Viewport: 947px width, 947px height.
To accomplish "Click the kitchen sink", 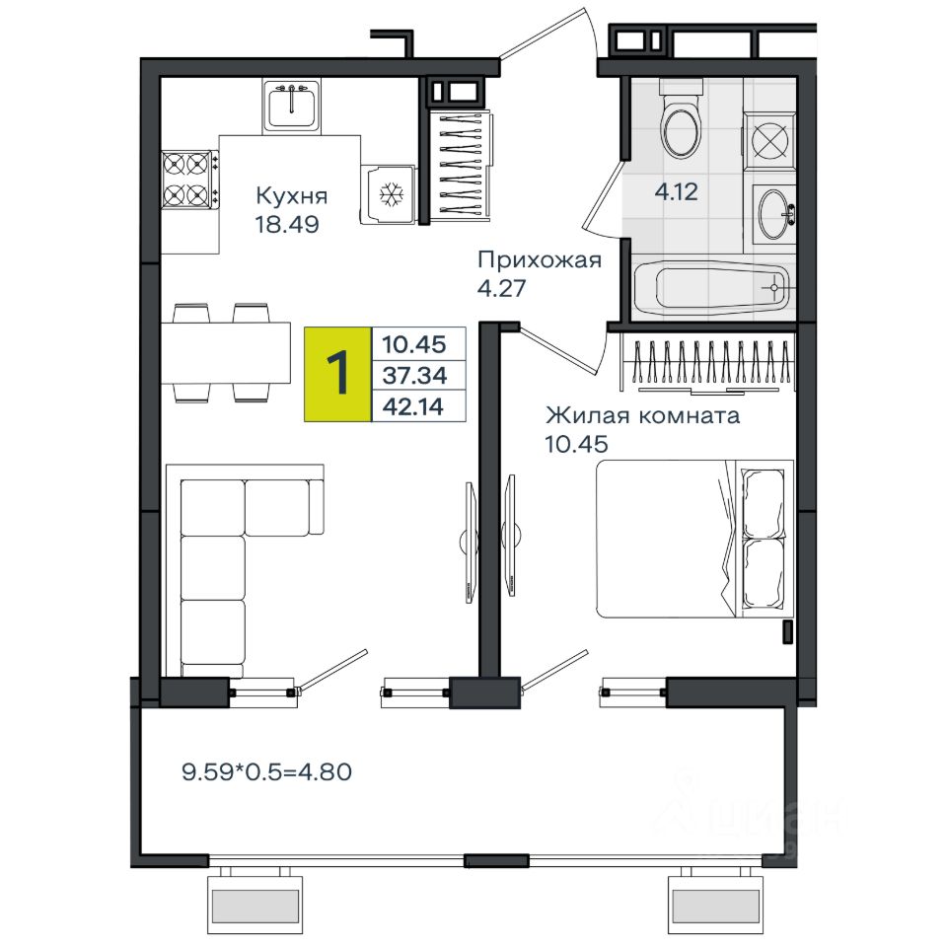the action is [x=292, y=106].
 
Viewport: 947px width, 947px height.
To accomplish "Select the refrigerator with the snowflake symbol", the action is [x=389, y=194].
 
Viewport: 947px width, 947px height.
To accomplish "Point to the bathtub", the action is [x=711, y=288].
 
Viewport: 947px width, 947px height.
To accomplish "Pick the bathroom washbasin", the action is [x=774, y=214].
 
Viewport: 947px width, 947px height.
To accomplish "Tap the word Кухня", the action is [x=292, y=195].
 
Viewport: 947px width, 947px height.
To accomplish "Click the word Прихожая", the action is [x=540, y=260].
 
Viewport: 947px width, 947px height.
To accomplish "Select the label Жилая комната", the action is [x=642, y=415].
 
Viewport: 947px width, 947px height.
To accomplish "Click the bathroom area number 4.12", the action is [x=676, y=192].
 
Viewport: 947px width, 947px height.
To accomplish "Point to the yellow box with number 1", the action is [x=337, y=374].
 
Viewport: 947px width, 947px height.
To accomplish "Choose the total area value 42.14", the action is [x=413, y=406].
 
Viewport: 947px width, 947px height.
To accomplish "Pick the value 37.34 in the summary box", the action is [x=414, y=376].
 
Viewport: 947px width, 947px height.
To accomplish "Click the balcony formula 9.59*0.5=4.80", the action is [x=266, y=771].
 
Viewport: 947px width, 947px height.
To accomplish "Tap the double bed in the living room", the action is [x=694, y=539].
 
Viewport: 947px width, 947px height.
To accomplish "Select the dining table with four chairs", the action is [x=225, y=353].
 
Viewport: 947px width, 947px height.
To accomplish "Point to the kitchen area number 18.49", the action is [x=287, y=224].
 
